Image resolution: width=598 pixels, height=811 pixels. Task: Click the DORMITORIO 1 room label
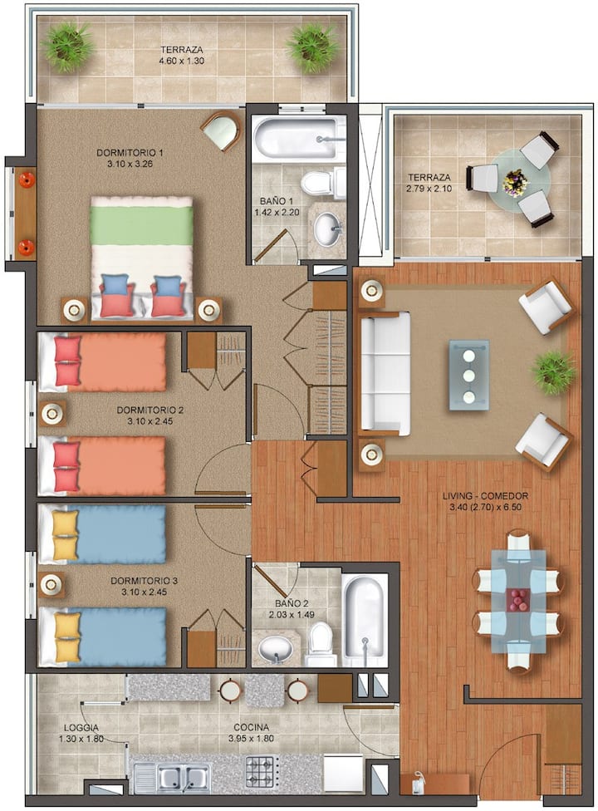[x=130, y=153]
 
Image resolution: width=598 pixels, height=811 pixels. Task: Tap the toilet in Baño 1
[x=324, y=183]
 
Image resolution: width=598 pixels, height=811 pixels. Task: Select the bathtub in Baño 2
[x=365, y=620]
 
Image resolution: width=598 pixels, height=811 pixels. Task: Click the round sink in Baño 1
[x=328, y=227]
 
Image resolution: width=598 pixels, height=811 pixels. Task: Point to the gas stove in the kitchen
[x=262, y=771]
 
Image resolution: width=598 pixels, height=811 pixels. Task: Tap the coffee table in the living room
[x=468, y=376]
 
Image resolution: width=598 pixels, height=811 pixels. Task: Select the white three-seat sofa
[x=385, y=371]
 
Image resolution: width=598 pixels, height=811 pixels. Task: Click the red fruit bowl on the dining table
[x=518, y=601]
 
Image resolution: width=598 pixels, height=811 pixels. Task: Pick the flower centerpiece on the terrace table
[x=515, y=182]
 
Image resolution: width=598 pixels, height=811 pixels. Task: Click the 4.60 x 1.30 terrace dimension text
[x=181, y=61]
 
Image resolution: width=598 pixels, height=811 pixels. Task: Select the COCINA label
[x=251, y=727]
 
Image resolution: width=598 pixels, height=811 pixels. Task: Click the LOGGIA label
[x=81, y=728]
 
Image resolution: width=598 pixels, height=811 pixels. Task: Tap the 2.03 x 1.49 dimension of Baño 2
[x=292, y=615]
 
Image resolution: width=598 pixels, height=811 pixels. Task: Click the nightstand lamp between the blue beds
[x=51, y=584]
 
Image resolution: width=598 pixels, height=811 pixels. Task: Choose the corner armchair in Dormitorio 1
[x=222, y=130]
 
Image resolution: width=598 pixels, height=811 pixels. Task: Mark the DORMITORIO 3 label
[x=145, y=581]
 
